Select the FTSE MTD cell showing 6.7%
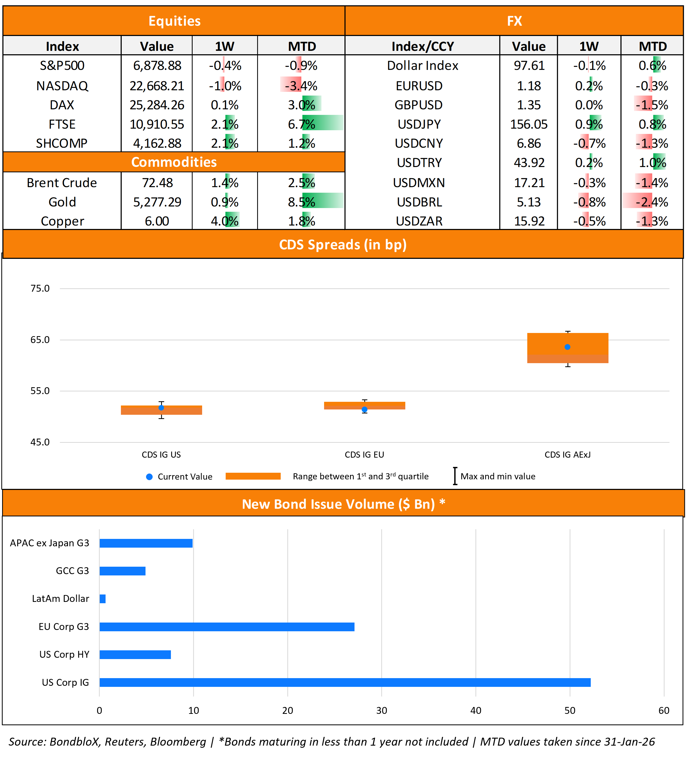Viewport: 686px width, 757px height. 301,124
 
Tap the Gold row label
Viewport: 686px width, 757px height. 62,202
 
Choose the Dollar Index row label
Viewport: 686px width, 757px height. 422,66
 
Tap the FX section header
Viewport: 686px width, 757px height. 514,21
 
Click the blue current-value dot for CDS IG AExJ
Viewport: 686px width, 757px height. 567,347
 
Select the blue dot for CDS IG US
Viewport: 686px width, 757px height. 161,408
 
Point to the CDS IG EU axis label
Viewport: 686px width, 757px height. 364,455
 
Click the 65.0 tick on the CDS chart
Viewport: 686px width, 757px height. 40,340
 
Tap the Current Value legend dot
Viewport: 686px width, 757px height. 149,477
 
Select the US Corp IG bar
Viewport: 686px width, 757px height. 345,682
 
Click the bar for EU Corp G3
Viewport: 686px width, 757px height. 227,627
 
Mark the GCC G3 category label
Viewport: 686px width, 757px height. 72,571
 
